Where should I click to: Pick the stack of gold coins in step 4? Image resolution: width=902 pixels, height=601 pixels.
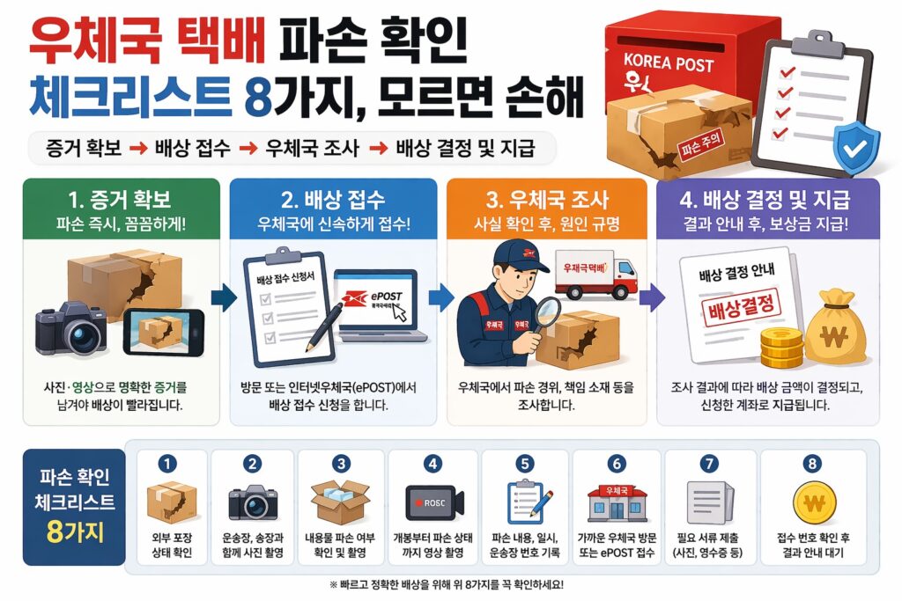pos(781,347)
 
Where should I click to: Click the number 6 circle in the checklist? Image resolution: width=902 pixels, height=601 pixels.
pos(617,463)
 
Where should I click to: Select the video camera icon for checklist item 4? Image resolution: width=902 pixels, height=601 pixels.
pos(433,502)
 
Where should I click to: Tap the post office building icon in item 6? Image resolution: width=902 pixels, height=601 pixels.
pos(616,503)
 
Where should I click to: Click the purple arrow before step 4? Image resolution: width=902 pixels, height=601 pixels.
pos(650,297)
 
